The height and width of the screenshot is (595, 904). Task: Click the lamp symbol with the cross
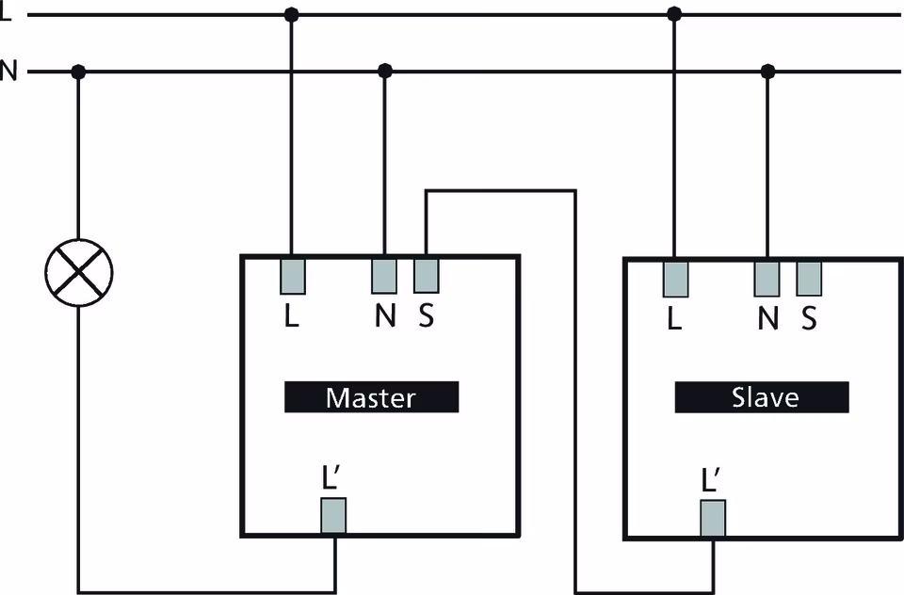point(79,272)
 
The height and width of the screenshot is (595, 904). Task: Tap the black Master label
point(371,397)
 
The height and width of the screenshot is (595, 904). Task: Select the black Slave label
point(762,397)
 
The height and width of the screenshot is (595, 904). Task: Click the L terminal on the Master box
point(292,275)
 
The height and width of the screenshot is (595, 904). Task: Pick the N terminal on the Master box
point(384,275)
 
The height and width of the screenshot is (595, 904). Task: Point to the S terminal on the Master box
point(427,275)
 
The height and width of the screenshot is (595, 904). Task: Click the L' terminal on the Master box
point(334,516)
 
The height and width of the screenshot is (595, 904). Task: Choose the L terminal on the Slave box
point(675,279)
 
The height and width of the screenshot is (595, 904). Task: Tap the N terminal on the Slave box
point(767,279)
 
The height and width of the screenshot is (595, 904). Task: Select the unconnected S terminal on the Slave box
point(809,279)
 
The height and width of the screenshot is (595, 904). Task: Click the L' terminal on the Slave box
point(713,519)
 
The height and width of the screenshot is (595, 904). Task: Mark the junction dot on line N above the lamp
point(79,72)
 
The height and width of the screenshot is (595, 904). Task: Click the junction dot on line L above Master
point(292,15)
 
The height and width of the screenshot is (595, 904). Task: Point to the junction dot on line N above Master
point(384,72)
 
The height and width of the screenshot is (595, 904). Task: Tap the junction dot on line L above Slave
point(673,15)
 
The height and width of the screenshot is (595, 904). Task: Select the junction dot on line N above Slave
point(767,72)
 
